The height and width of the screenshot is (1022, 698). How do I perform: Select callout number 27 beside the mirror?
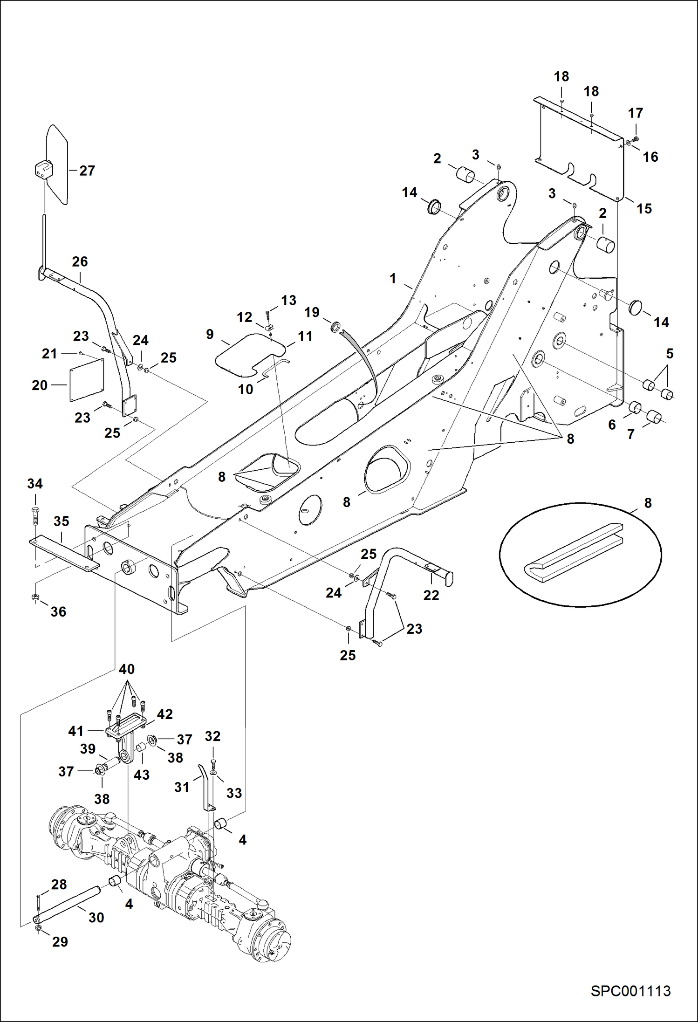click(87, 171)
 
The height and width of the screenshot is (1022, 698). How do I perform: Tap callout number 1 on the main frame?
click(393, 279)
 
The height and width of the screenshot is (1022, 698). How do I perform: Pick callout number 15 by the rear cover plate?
click(644, 208)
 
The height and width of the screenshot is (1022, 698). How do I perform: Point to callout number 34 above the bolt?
click(35, 484)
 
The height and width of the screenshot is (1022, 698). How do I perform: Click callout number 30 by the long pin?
click(96, 917)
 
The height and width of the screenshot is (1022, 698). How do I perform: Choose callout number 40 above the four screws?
click(127, 669)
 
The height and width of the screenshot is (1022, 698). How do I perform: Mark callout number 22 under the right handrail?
click(431, 595)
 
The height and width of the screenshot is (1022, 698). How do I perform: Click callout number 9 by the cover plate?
click(210, 334)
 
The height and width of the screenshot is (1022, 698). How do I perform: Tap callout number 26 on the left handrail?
click(80, 261)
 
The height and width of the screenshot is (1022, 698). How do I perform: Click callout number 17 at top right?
click(636, 113)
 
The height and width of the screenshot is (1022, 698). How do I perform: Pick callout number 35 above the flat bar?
click(62, 521)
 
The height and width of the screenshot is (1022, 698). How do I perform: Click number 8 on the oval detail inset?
click(648, 503)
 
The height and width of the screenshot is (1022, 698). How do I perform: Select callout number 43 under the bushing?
click(142, 775)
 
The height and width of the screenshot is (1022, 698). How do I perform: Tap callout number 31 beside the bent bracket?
click(182, 787)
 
